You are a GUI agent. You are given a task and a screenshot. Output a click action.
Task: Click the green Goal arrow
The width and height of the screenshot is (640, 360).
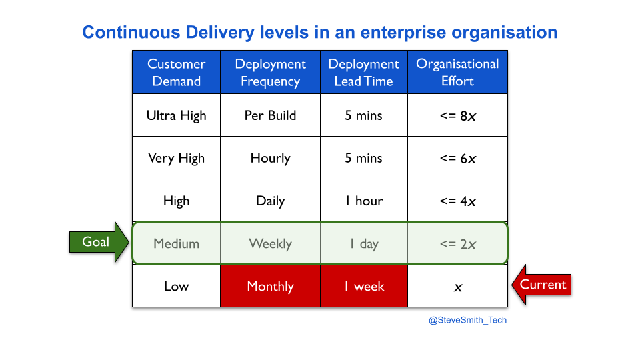coord(99,242)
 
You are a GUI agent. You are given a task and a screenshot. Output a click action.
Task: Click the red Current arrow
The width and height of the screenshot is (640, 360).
coord(541,285)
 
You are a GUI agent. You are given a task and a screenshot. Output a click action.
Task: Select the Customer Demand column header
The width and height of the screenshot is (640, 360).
coord(176,72)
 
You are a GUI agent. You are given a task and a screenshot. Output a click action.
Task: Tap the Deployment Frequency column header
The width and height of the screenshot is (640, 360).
coord(270,72)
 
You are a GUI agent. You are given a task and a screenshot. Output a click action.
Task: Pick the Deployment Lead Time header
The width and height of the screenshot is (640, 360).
coord(364,72)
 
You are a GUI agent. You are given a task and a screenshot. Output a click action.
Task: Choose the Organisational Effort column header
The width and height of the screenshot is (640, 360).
coord(457,72)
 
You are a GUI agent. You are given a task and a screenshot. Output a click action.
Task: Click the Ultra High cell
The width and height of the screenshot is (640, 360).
coord(176,115)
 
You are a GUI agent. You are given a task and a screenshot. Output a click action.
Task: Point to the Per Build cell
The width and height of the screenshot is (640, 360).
coord(270,115)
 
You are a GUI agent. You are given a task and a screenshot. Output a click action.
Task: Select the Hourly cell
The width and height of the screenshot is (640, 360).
coord(270,158)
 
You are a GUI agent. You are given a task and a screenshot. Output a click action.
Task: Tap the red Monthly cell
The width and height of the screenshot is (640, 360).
coord(270,286)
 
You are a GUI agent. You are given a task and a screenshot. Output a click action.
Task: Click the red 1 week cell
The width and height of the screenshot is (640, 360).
coord(364,286)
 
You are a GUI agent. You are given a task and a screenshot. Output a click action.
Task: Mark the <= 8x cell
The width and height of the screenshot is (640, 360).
coord(457,115)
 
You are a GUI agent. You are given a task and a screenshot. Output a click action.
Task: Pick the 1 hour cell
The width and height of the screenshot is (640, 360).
coord(364,201)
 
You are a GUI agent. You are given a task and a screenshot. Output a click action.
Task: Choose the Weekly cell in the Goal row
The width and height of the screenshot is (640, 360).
coord(270,244)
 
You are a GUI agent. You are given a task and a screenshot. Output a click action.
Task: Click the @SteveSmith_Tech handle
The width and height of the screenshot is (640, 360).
coord(468,321)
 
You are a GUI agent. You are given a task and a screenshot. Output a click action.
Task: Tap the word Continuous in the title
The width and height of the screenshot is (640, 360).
coord(131,32)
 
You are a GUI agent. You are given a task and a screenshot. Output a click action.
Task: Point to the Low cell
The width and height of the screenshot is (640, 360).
coord(176,286)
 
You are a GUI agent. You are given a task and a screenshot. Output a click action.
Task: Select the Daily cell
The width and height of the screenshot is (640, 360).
coord(270,201)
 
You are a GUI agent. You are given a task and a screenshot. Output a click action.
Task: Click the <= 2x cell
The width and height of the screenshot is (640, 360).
coord(457,244)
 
